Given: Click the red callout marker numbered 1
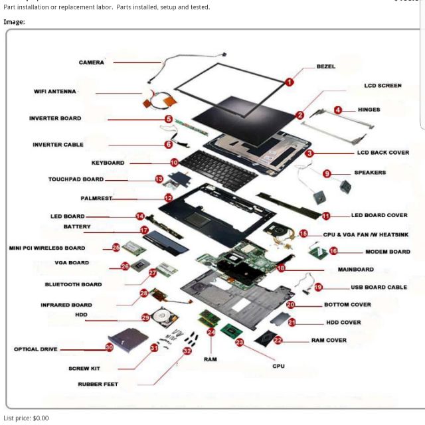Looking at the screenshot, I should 290,82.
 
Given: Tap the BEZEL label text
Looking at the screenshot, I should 325,66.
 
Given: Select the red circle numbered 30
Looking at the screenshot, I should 109,347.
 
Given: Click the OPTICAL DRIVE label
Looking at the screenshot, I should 35,349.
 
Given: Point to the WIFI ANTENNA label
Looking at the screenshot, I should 55,92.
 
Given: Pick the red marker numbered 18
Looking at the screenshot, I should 281,268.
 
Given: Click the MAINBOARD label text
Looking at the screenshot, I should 355,270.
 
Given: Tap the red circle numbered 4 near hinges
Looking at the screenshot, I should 338,110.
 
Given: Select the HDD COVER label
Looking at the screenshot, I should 343,322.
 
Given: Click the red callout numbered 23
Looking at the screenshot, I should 240,342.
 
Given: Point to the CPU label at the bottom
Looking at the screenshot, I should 278,366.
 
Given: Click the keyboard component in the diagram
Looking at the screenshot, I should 219,167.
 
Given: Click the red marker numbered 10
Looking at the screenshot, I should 174,162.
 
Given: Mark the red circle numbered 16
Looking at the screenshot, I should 333,251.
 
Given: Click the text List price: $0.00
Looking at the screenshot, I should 26,418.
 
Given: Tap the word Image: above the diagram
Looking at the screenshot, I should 14,22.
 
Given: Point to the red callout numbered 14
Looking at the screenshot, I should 140,216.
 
